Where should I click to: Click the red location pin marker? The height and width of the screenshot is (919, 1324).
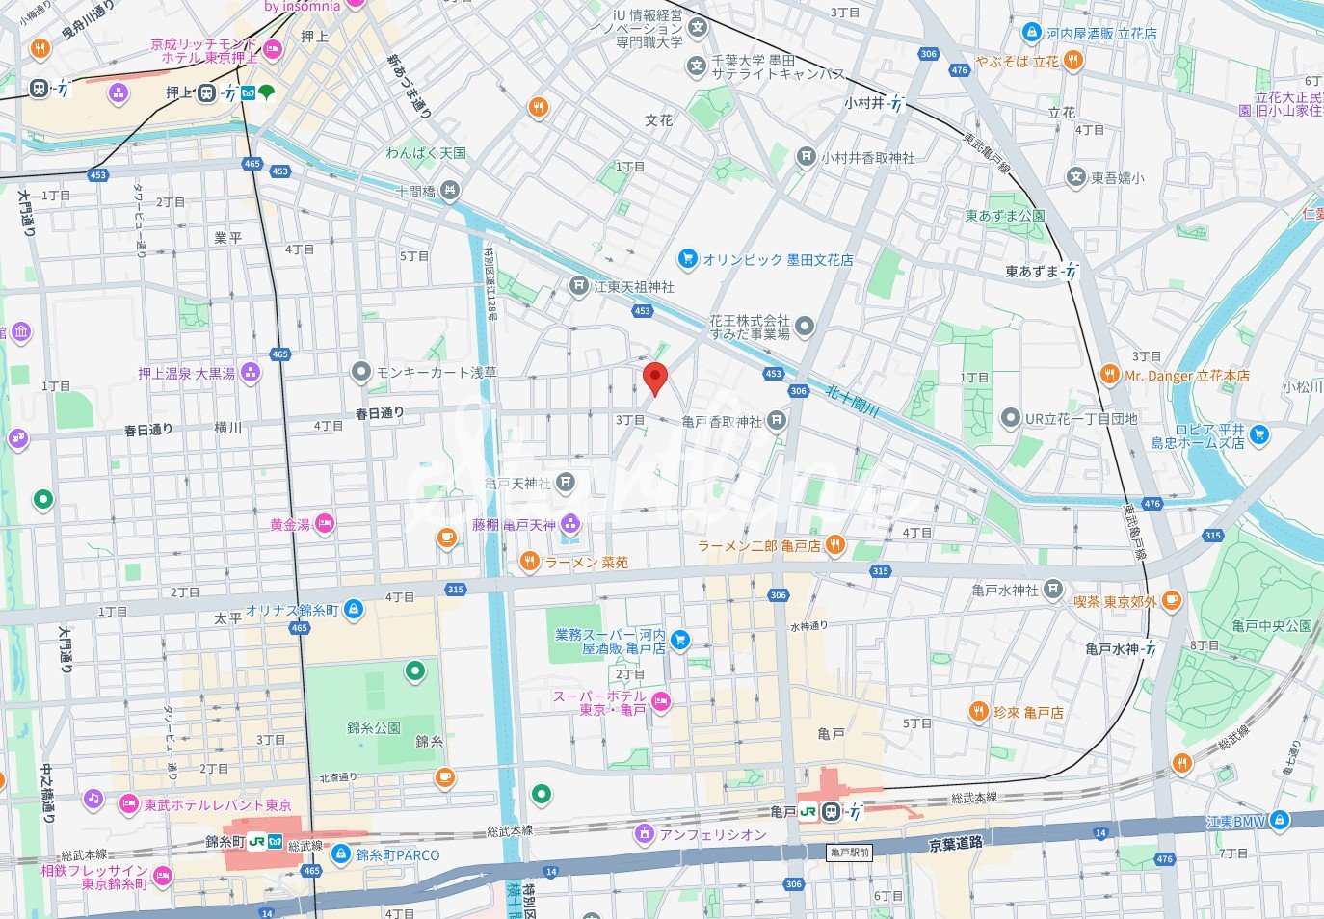655,379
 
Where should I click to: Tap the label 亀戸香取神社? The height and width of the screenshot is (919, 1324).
722,421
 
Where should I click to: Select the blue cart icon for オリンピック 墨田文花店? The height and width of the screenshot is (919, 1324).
687,259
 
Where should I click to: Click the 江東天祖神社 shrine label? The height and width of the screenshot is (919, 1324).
634,287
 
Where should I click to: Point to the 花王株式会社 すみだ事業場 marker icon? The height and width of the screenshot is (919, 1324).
804,326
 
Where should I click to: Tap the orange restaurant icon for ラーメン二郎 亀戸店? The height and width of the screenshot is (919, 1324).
835,545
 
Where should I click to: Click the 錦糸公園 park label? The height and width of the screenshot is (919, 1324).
374,727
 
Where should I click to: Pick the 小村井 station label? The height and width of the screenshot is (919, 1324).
864,103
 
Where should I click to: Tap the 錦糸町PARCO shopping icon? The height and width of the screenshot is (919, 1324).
341,853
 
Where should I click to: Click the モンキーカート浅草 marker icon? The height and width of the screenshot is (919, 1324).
361,372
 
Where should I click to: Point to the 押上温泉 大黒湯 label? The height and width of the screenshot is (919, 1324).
186,373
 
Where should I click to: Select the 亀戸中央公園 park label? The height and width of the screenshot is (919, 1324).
1271,626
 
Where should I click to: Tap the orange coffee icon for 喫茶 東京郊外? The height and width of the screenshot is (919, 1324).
1171,601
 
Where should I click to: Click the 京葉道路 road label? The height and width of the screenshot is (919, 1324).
956,844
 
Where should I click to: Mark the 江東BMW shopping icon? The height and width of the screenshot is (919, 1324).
1279,821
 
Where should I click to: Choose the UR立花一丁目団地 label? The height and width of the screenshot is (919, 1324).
1081,418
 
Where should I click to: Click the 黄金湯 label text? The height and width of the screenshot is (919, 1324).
290,524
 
